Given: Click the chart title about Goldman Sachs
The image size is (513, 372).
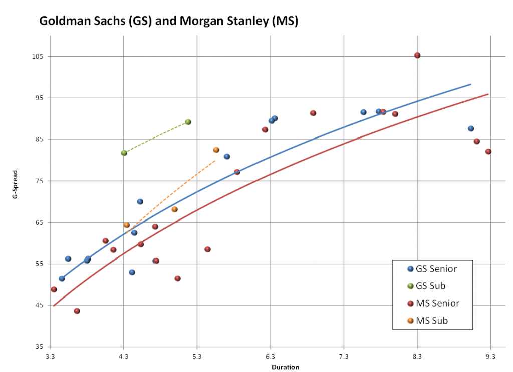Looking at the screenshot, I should pyautogui.click(x=168, y=22).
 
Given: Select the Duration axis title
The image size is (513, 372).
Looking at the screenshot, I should pyautogui.click(x=285, y=367).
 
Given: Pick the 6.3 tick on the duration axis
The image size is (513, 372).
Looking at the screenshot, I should pyautogui.click(x=271, y=356).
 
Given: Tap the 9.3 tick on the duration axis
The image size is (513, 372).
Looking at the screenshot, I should pyautogui.click(x=490, y=356).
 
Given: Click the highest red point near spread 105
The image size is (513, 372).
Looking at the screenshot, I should pyautogui.click(x=417, y=55).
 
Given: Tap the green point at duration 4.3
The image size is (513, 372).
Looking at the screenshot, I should pyautogui.click(x=124, y=153).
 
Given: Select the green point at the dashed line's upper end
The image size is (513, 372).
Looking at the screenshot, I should pyautogui.click(x=188, y=122).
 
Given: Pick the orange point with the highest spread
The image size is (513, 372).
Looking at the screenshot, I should pyautogui.click(x=216, y=150).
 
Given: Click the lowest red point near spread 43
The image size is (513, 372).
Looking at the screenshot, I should pyautogui.click(x=77, y=311).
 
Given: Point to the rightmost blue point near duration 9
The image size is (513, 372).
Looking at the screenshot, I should pyautogui.click(x=471, y=128).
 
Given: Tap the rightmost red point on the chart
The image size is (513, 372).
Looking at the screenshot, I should pyautogui.click(x=488, y=151).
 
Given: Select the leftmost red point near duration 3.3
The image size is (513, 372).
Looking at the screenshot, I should pyautogui.click(x=54, y=289).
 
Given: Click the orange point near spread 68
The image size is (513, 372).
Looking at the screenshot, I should pyautogui.click(x=174, y=209).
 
